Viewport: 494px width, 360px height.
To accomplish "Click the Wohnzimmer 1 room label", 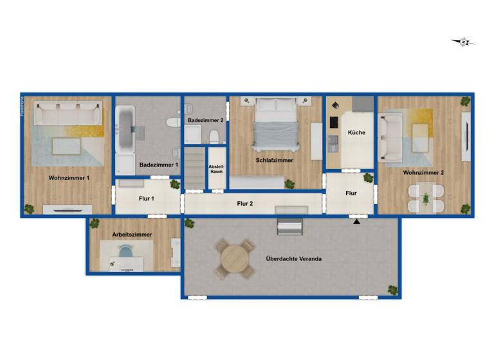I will click(x=69, y=177).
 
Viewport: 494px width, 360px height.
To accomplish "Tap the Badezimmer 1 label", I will click(x=158, y=165).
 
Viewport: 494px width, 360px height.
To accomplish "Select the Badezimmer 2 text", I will click(x=206, y=120).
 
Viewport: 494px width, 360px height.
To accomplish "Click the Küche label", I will click(x=356, y=132).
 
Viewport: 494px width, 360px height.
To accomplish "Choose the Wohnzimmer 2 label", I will click(x=423, y=172).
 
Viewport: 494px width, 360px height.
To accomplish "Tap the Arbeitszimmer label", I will click(x=132, y=235).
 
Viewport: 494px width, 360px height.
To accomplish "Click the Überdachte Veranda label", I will click(x=293, y=258).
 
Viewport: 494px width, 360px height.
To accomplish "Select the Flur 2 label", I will click(x=244, y=204).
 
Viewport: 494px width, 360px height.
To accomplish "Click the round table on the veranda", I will click(x=234, y=258).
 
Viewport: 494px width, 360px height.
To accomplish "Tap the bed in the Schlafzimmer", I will click(x=275, y=122).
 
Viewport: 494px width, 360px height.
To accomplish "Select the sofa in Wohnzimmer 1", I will click(x=68, y=115).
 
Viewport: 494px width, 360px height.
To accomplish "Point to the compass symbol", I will click(x=463, y=42).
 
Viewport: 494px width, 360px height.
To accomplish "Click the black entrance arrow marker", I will click(x=356, y=222).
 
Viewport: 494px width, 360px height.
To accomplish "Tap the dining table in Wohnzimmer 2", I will click(x=426, y=198).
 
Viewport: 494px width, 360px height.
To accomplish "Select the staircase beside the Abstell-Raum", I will click(x=195, y=168).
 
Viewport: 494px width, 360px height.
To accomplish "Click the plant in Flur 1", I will click(x=174, y=184).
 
